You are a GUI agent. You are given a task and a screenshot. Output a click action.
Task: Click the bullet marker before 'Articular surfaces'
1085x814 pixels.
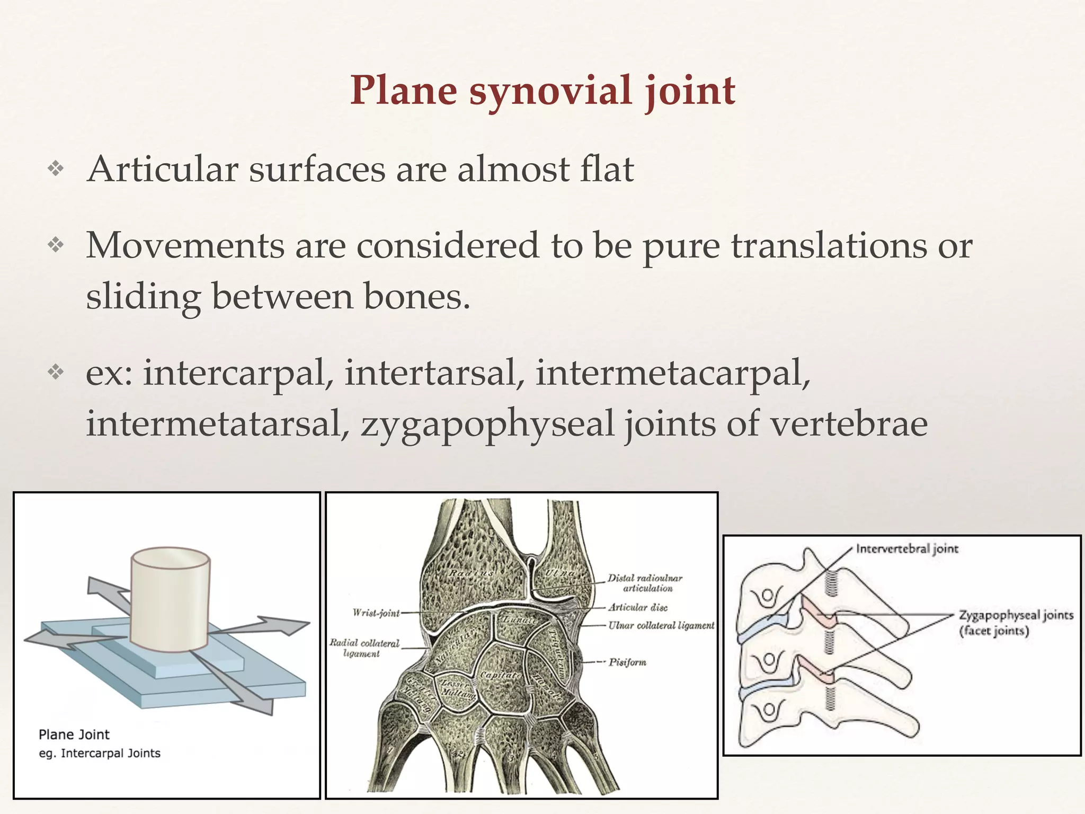tap(56, 170)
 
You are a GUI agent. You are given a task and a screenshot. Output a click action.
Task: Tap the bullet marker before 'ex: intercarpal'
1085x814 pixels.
tap(56, 373)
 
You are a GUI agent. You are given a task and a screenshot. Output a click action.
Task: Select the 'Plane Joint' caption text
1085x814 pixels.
tap(74, 735)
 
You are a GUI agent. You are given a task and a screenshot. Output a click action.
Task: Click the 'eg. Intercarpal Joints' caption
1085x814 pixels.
tap(100, 753)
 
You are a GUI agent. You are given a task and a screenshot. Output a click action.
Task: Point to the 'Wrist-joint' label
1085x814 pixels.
tap(376, 613)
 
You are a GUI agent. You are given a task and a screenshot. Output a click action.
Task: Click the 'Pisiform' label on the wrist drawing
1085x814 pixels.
tap(627, 662)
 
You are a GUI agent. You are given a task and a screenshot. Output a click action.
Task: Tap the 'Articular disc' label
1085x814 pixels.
tap(638, 607)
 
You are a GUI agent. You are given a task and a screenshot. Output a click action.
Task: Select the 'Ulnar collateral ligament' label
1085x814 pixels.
tap(661, 625)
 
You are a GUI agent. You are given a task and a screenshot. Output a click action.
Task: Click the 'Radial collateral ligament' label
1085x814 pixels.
tap(364, 648)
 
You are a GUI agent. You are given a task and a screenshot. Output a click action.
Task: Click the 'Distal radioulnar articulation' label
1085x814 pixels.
tap(645, 583)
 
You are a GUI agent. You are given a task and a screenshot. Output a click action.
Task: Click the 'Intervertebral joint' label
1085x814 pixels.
tap(908, 548)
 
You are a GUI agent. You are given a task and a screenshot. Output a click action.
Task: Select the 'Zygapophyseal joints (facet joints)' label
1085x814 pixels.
tap(1016, 623)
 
